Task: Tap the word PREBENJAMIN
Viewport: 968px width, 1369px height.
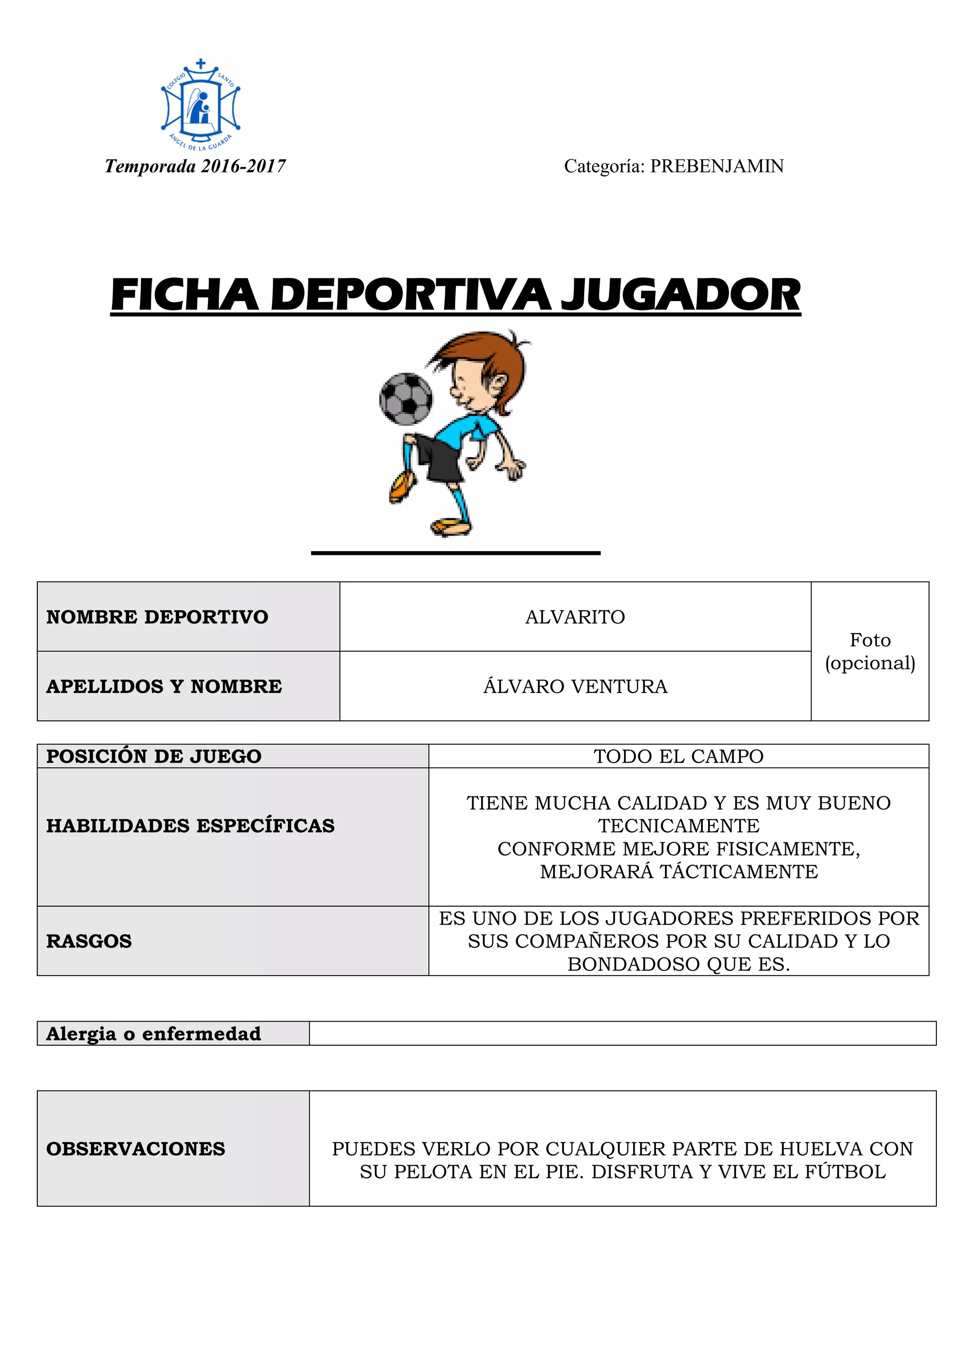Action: click(717, 166)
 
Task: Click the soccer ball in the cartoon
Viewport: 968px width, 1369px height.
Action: click(406, 399)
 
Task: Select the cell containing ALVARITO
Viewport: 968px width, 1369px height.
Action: click(575, 616)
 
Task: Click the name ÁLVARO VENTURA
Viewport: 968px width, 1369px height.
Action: click(575, 686)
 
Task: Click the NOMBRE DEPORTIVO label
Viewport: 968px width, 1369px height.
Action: click(157, 616)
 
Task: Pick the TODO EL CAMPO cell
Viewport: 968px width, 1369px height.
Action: click(678, 756)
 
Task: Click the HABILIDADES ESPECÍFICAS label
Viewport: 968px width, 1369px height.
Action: click(190, 826)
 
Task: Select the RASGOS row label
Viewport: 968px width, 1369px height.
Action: click(89, 941)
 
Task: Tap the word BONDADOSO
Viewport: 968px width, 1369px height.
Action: click(634, 964)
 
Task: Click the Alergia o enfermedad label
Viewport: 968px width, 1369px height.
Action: click(154, 1033)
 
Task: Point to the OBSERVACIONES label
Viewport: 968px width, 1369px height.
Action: click(136, 1148)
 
